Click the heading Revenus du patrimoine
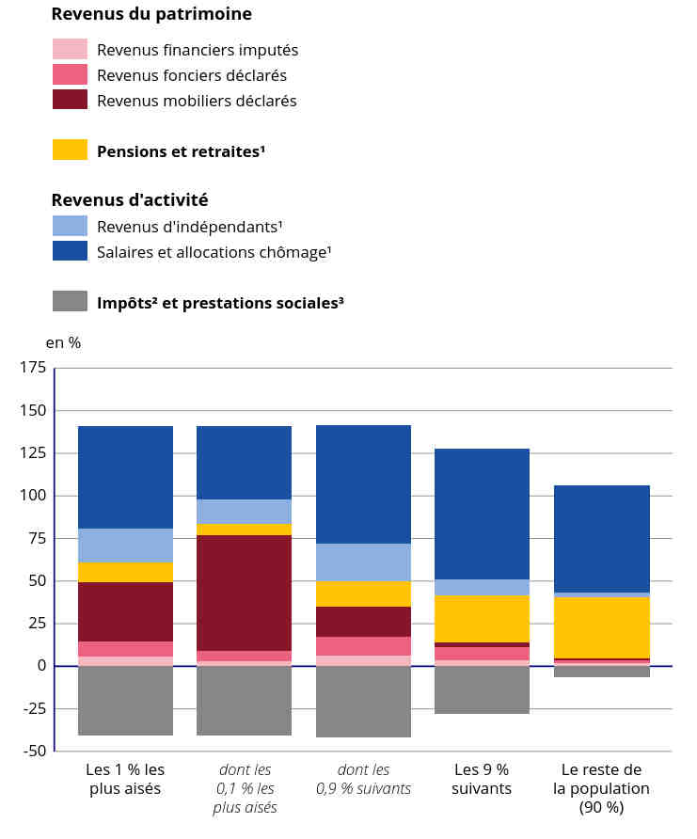click(x=151, y=14)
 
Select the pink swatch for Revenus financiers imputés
click(x=70, y=49)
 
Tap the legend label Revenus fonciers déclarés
click(x=192, y=75)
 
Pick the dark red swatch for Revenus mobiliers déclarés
click(x=70, y=100)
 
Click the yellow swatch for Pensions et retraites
click(x=70, y=150)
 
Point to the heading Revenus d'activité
click(x=130, y=199)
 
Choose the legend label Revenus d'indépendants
click(x=190, y=227)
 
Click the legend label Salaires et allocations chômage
click(x=214, y=252)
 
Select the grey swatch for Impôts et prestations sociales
click(x=70, y=302)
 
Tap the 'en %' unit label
click(x=63, y=342)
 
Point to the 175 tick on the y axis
click(x=31, y=368)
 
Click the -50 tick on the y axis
click(x=33, y=751)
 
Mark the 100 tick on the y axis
click(x=31, y=496)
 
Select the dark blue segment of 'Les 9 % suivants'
click(x=482, y=514)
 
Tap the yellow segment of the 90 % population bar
click(x=601, y=627)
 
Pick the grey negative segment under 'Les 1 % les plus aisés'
click(x=125, y=700)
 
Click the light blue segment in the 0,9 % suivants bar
click(x=363, y=562)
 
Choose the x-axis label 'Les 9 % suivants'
click(x=482, y=779)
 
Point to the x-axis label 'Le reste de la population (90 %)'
click(x=601, y=787)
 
